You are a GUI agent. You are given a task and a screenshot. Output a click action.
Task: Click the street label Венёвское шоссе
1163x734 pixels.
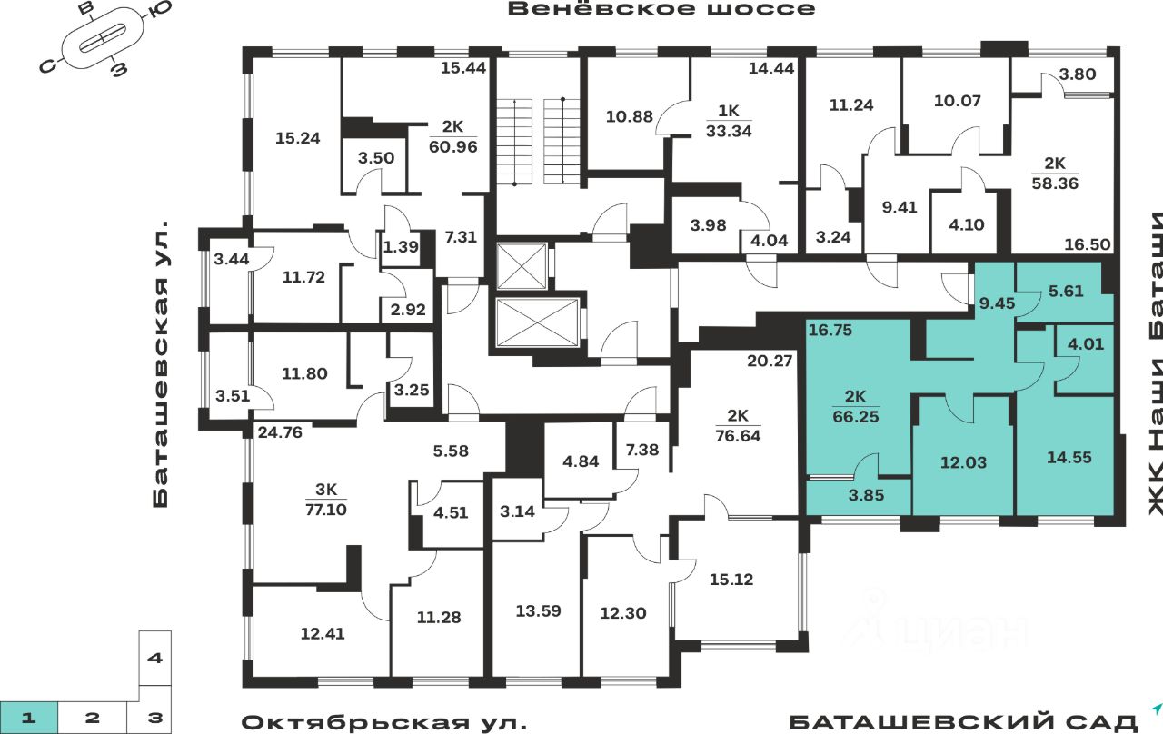(x=661, y=9)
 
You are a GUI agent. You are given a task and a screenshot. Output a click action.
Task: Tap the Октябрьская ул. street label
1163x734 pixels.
(x=384, y=722)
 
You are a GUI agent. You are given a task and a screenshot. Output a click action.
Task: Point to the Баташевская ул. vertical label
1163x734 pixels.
(x=161, y=364)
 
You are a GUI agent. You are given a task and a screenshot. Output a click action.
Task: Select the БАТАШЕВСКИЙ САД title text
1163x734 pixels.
(x=964, y=722)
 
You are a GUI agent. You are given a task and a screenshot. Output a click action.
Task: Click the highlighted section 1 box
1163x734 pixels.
(x=28, y=718)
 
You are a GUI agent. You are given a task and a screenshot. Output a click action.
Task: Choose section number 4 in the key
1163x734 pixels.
(x=154, y=659)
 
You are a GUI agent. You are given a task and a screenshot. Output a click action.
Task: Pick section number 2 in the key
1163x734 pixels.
(x=92, y=718)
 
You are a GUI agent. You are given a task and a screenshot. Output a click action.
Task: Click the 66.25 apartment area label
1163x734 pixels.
(x=856, y=416)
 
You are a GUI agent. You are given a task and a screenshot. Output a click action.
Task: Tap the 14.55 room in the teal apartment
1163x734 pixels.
(x=1069, y=457)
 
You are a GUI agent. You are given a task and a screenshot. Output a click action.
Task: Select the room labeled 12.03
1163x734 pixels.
(x=963, y=462)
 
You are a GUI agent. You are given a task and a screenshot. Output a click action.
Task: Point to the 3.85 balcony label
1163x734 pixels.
(x=866, y=495)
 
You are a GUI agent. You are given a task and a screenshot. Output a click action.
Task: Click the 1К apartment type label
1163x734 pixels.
(x=729, y=111)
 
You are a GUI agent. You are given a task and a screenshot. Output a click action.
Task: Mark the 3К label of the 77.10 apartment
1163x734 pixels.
(x=326, y=489)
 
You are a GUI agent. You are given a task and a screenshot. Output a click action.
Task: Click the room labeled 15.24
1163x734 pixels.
(x=297, y=138)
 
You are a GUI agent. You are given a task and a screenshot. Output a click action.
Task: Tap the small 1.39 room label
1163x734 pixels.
(x=401, y=246)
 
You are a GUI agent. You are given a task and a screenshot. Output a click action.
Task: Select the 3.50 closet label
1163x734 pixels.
(x=376, y=158)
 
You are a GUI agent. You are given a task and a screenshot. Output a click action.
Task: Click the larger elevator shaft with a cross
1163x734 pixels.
(x=537, y=322)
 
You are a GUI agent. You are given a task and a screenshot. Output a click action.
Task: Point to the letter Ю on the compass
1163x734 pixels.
(x=162, y=8)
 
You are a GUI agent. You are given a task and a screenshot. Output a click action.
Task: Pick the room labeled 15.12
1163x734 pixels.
(x=731, y=580)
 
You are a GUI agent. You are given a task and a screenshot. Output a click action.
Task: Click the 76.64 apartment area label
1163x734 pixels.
(x=738, y=435)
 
